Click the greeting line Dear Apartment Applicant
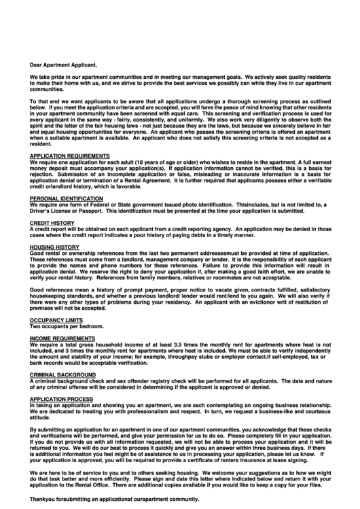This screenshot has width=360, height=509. (64, 65)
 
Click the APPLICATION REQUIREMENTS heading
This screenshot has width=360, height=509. (70, 156)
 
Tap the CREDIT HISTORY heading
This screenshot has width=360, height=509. (52, 223)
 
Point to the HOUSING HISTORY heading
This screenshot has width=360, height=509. (55, 247)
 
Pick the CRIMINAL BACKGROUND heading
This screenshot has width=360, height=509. (62, 374)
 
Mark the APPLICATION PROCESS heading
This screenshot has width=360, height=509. (61, 398)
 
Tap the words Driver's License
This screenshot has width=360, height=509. (55, 211)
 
